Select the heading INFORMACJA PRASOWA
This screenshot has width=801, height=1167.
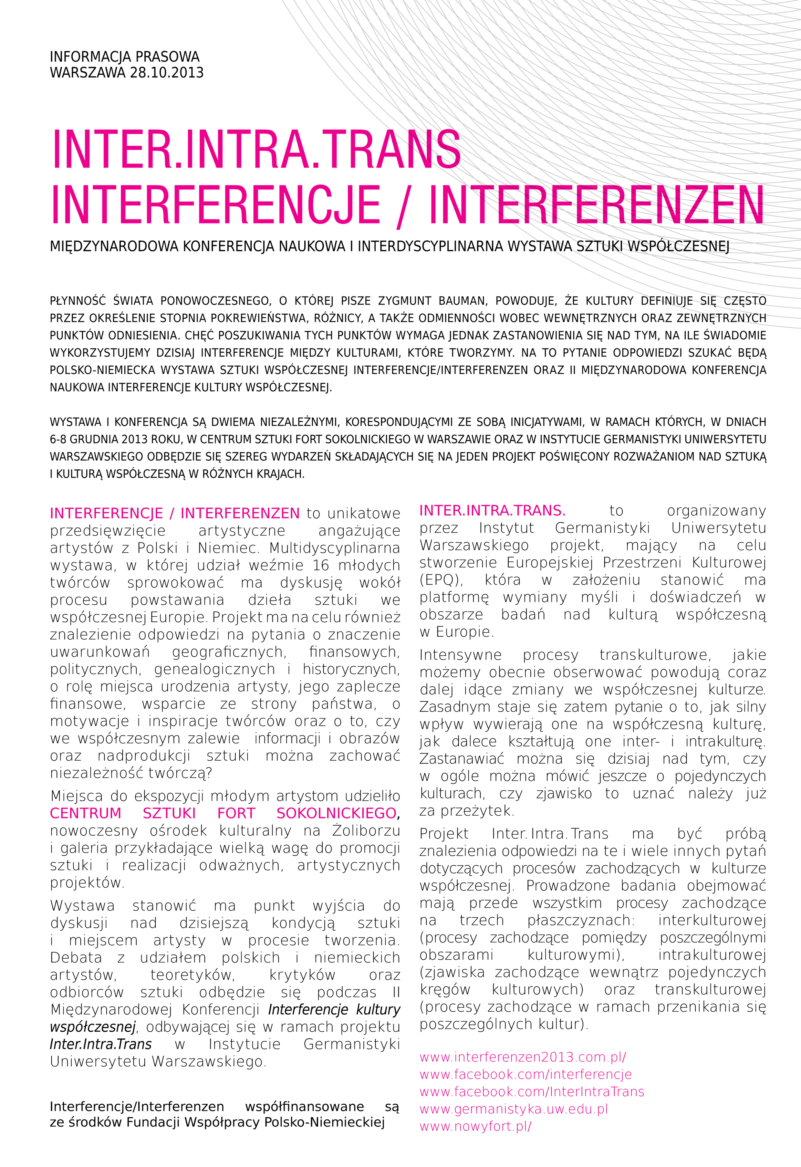tap(125, 57)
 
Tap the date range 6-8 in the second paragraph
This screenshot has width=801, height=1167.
tap(58, 439)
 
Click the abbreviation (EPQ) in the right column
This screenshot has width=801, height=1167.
tap(441, 580)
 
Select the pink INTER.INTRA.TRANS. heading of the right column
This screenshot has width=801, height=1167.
tap(492, 511)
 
